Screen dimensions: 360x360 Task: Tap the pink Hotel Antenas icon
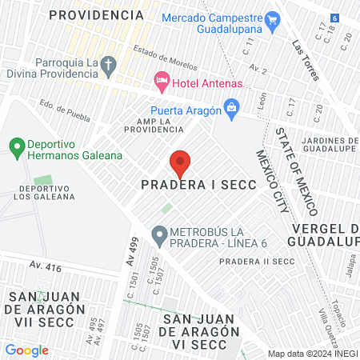tap(160, 80)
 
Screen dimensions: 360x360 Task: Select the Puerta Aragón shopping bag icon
tap(231, 107)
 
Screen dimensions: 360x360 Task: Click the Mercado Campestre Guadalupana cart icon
tap(271, 19)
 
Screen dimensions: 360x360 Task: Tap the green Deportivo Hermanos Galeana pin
tap(15, 146)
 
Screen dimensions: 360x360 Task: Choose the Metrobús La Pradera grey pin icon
tap(159, 236)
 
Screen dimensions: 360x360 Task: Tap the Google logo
tap(26, 350)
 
